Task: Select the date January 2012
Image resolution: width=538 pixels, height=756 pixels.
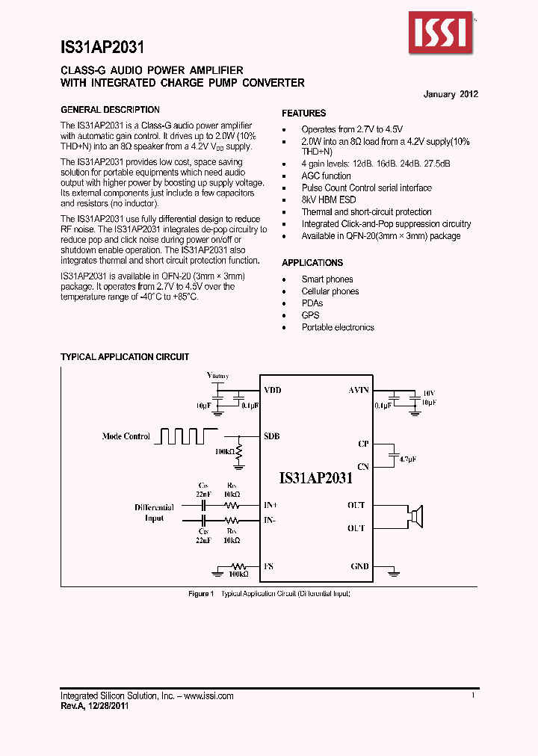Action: coord(451,94)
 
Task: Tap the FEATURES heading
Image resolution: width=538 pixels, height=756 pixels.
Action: coord(303,114)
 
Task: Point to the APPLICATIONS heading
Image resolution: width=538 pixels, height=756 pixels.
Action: coord(312,263)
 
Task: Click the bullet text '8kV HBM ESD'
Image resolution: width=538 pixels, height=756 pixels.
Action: coord(329,200)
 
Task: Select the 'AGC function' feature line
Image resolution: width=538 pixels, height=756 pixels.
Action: coord(326,176)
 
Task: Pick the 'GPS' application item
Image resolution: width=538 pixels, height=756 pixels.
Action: coord(310,315)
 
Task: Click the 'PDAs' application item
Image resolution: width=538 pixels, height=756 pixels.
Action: coord(312,303)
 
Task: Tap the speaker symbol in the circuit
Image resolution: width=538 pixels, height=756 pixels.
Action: coord(414,515)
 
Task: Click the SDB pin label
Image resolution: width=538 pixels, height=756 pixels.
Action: coord(272,436)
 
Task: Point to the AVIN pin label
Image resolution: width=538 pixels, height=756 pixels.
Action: coord(359,391)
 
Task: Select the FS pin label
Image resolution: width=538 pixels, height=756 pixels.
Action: coord(268,566)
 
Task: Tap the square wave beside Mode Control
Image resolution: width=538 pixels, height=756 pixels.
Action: coord(185,436)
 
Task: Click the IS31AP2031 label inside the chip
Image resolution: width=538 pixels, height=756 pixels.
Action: coord(315,479)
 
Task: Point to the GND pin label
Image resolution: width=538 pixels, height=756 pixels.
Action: coord(359,566)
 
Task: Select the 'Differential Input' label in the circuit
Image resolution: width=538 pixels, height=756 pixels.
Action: coord(154,512)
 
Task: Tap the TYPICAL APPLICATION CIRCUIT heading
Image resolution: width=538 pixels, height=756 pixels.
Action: coord(125,357)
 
